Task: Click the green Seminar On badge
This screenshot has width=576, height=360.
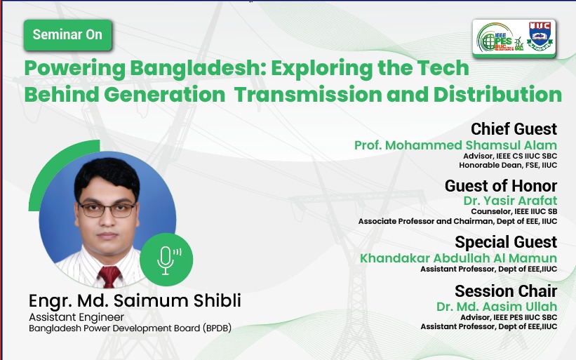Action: click(67, 35)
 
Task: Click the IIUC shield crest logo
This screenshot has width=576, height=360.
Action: click(540, 36)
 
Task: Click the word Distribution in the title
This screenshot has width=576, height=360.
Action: click(497, 95)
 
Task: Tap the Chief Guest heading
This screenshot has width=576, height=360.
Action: click(514, 129)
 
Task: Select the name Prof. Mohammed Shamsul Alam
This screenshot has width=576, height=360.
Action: click(455, 145)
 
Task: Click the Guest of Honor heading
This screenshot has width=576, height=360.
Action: click(501, 185)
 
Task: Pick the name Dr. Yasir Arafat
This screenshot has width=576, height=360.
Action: click(510, 201)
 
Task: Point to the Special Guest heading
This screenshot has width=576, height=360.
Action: click(506, 242)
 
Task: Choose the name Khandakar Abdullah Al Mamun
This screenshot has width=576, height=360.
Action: click(458, 258)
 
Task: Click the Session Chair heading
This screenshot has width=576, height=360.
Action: click(506, 291)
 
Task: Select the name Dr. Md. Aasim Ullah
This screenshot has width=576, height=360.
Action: click(497, 307)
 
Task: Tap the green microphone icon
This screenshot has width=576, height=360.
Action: click(166, 260)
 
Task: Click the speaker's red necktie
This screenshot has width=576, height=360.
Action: click(109, 276)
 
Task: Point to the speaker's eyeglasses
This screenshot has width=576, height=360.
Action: click(107, 210)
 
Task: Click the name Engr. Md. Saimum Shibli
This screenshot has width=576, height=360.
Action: click(135, 300)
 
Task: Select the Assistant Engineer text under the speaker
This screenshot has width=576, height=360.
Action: click(76, 317)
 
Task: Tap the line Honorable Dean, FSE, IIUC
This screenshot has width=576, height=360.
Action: click(508, 166)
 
